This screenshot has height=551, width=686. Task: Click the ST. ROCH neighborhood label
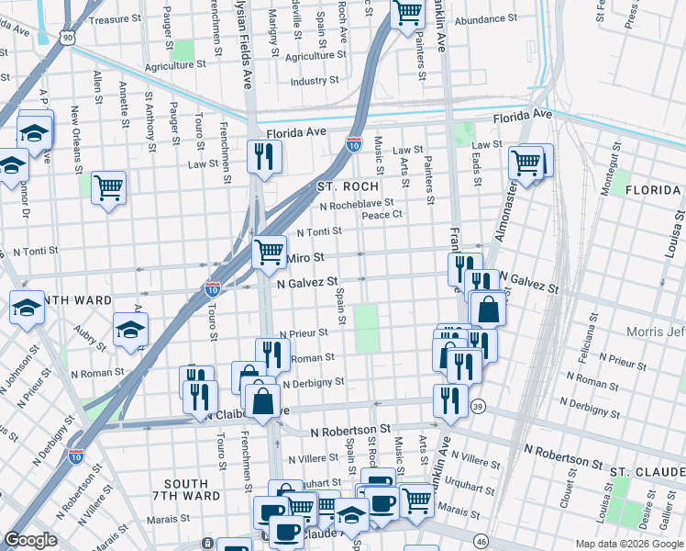pos(348,186)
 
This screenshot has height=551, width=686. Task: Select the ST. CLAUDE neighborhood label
pos(647,470)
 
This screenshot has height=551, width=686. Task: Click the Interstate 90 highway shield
pos(69,37)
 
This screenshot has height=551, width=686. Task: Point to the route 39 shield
pos(478,405)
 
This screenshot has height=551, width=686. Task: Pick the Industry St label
pos(315,82)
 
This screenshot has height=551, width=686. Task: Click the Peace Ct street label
pos(382,215)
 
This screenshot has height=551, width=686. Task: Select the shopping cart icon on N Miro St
pos(268,251)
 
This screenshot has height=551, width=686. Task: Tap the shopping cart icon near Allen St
pos(108,187)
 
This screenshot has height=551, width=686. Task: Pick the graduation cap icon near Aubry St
pos(130,328)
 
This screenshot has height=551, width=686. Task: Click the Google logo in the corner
pos(31,541)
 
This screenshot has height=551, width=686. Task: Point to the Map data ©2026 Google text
pos(629,544)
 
